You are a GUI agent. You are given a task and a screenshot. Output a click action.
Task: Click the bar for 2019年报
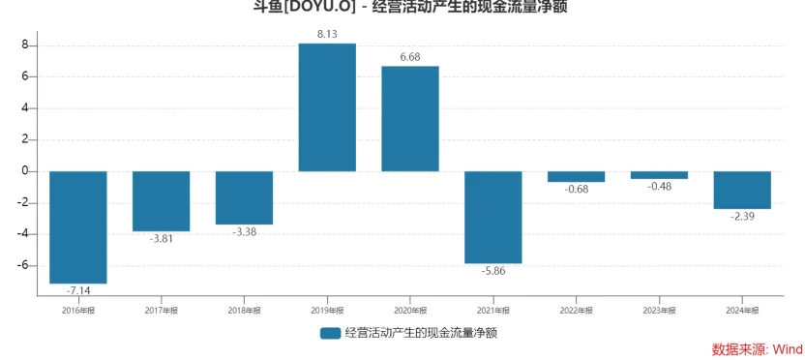point(327,107)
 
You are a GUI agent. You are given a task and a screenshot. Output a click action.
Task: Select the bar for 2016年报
point(78,227)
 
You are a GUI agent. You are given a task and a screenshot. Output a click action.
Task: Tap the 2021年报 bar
point(493,218)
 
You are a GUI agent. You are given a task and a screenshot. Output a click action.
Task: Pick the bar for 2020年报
point(410,119)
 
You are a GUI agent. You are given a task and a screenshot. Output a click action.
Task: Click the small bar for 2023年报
point(659,175)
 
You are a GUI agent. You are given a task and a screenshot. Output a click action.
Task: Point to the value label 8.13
point(327,34)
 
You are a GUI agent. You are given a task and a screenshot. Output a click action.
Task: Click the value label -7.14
point(78,291)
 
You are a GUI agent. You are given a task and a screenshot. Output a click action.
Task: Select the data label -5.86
point(493,272)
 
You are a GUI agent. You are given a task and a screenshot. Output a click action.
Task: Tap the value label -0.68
point(577,190)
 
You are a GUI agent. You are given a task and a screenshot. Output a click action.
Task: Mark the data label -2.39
point(742,217)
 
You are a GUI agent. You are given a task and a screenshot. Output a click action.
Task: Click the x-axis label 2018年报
point(244,310)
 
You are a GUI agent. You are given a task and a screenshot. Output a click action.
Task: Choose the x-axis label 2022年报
point(577,310)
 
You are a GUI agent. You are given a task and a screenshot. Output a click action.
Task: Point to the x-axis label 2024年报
point(742,310)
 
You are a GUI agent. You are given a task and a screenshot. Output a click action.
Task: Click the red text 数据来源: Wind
point(757,348)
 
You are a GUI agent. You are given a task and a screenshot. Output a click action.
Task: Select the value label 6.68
point(410,56)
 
